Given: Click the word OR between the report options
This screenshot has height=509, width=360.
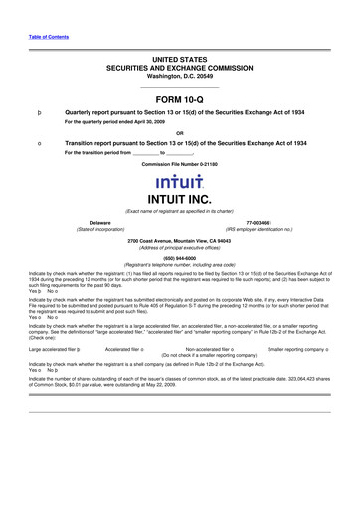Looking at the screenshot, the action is (179, 133).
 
